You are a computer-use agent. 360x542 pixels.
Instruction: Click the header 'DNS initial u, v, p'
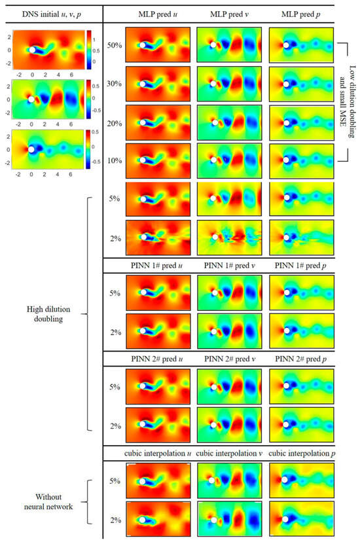tap(50, 13)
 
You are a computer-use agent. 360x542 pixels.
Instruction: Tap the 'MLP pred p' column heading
tap(298, 13)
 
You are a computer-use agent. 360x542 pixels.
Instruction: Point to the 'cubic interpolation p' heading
tap(298, 452)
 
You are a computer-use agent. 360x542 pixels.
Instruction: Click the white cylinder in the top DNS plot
tap(31, 49)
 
